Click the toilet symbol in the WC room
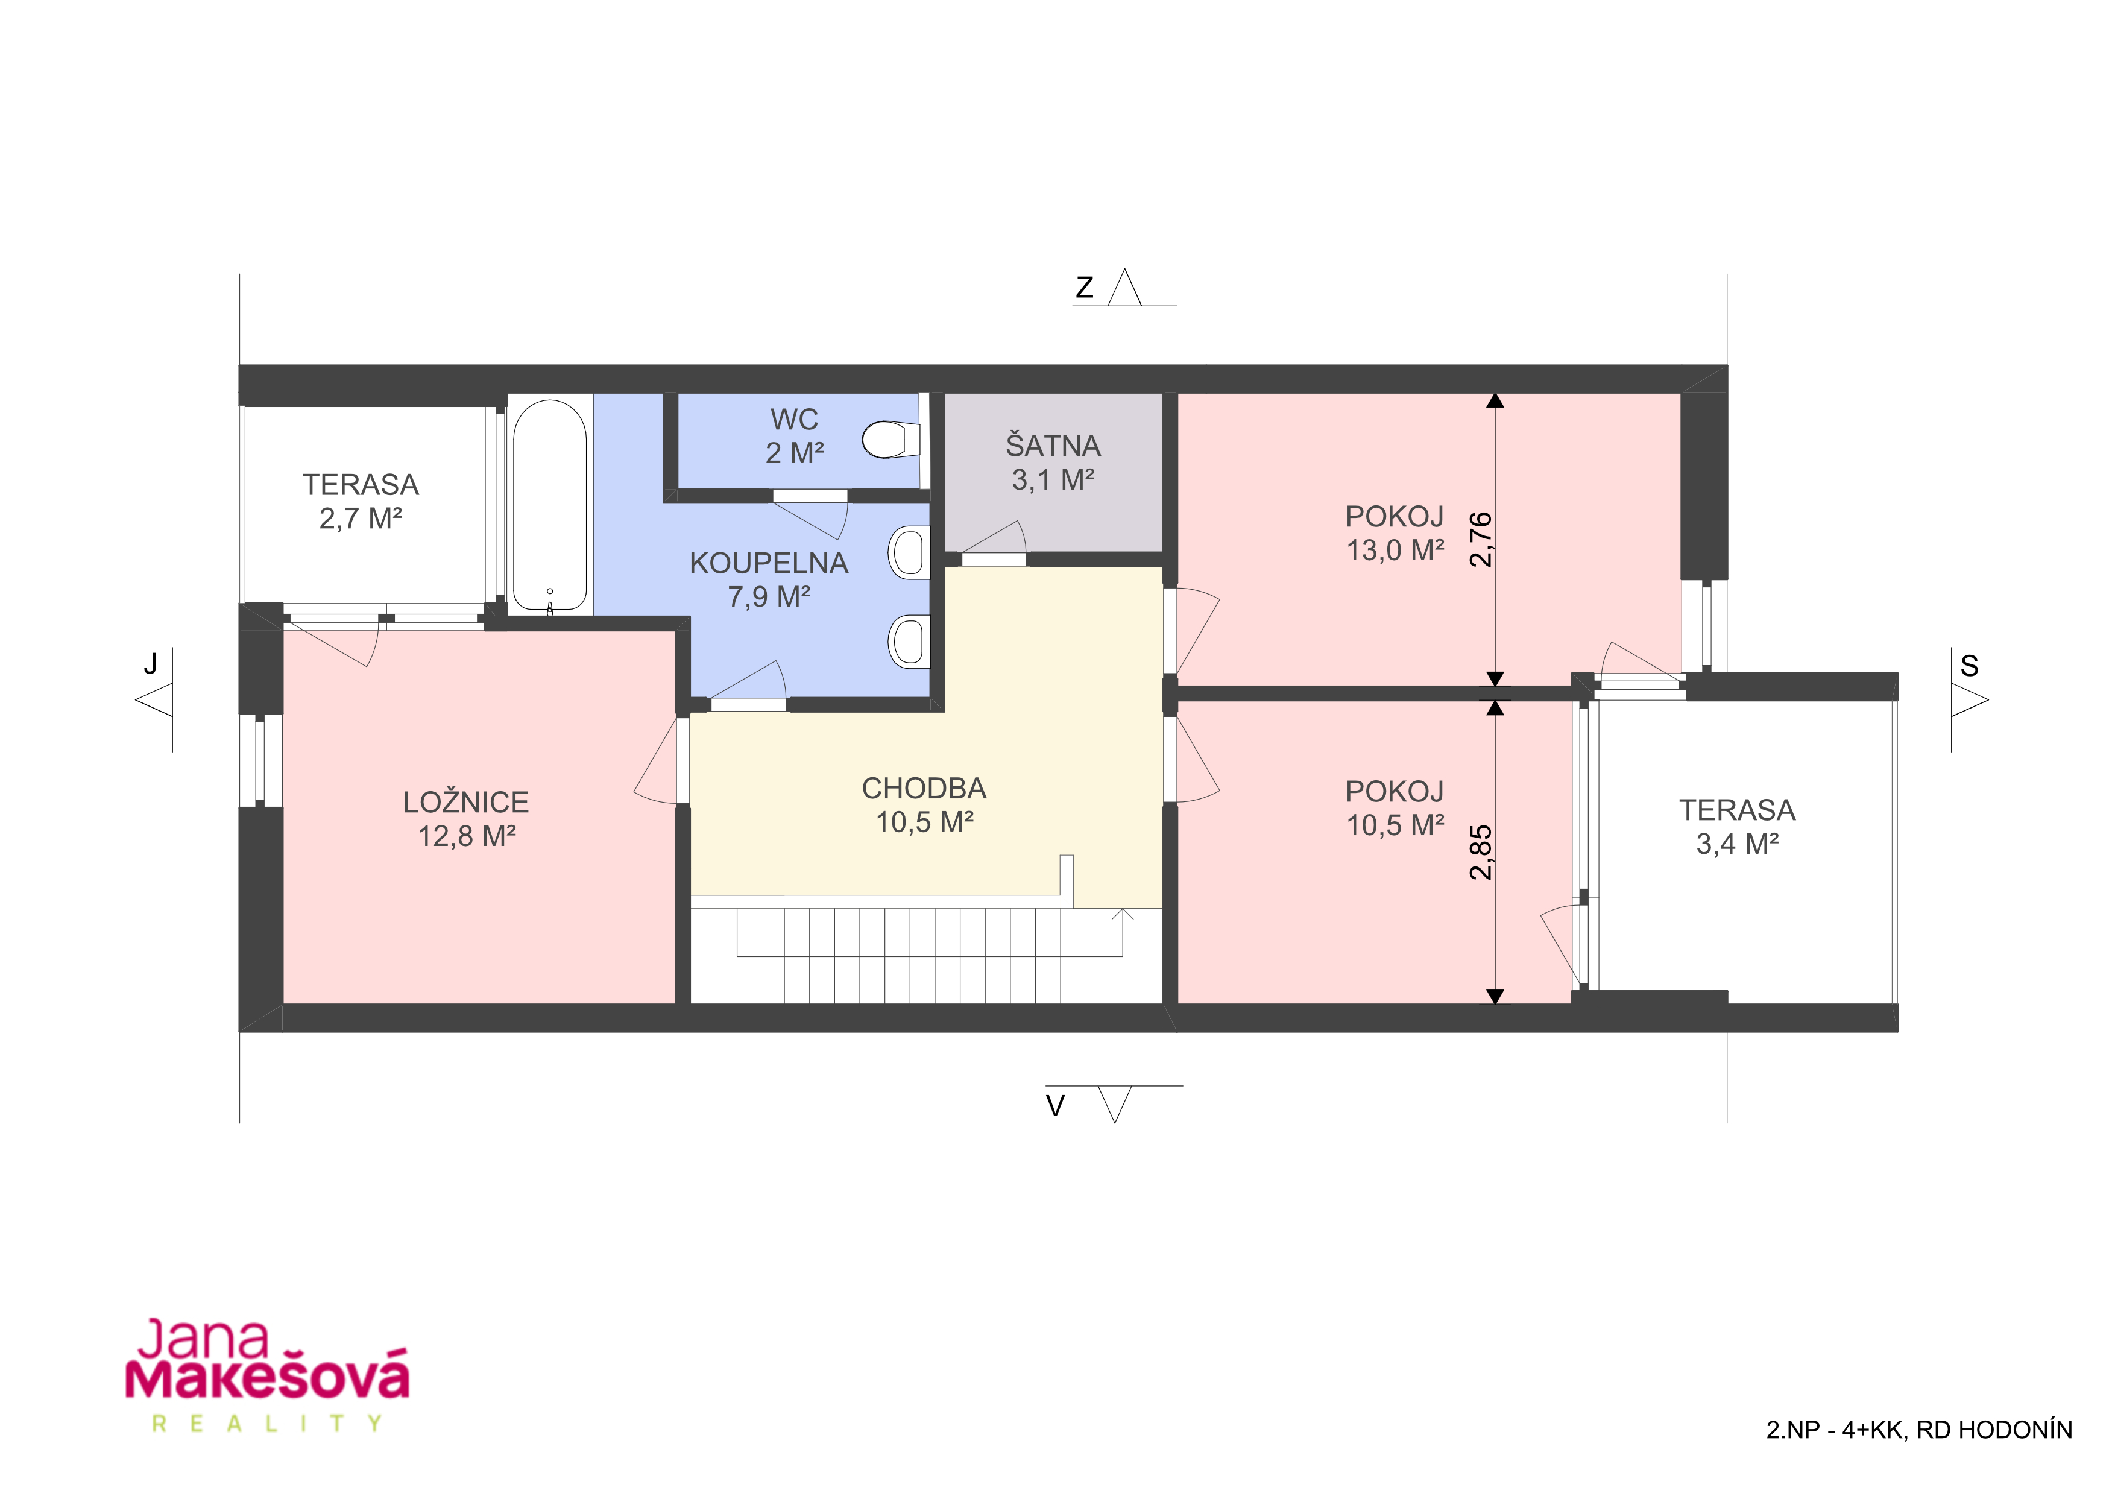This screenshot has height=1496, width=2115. [890, 440]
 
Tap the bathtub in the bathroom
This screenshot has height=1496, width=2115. [549, 506]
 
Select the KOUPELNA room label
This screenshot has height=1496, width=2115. [769, 563]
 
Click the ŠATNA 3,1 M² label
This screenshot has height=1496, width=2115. [1053, 462]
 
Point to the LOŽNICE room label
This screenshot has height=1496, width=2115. [466, 803]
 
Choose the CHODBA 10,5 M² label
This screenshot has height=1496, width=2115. [924, 804]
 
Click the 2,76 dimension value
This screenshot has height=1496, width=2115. [1480, 540]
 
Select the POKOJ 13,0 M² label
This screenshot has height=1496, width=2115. [1395, 534]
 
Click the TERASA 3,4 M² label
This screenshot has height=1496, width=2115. [1738, 826]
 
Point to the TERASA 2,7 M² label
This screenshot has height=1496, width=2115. [361, 501]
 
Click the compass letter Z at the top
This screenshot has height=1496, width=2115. [1085, 288]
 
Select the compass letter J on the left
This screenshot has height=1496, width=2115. [150, 663]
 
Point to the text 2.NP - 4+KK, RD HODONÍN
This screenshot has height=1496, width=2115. [1920, 1430]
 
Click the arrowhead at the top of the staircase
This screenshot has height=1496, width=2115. [1122, 914]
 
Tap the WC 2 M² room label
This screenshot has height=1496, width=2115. [794, 436]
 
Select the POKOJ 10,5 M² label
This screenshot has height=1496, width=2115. [1395, 809]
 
